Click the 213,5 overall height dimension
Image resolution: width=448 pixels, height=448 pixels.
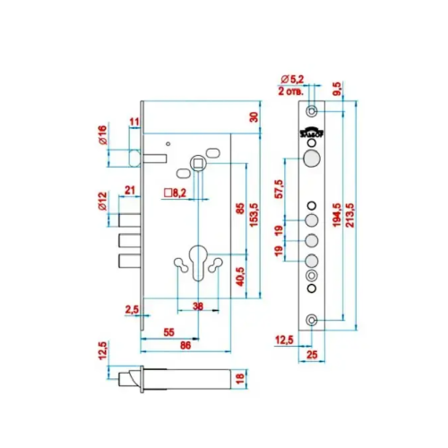coord(349,215)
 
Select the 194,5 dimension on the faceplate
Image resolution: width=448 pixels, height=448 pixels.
coord(337,215)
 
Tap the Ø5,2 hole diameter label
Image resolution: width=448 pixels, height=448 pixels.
coord(292,80)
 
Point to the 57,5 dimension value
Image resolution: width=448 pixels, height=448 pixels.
coord(279,189)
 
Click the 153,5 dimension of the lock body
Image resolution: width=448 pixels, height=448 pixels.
coord(254,215)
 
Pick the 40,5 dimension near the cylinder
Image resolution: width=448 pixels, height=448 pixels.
coord(241,277)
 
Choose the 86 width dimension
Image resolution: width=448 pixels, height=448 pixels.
coord(185,345)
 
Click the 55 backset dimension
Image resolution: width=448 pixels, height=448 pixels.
coord(168,332)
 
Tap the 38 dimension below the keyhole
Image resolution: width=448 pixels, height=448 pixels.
coord(198,306)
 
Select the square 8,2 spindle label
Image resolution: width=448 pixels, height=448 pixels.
coord(175,193)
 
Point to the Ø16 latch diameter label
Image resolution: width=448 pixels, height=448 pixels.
coord(102,135)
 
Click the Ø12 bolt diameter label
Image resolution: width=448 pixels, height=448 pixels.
coord(102,202)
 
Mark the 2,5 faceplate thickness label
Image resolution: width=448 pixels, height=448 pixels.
coord(132,310)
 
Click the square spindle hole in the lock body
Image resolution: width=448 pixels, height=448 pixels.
coord(198,163)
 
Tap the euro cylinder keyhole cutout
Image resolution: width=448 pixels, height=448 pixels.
coord(198,263)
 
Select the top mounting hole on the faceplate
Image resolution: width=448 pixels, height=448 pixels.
coord(312,111)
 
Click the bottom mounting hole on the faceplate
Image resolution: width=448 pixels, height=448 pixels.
coord(312,321)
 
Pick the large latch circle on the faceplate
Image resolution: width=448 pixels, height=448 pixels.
coord(312,159)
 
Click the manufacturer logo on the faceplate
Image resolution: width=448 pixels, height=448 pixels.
coord(312,133)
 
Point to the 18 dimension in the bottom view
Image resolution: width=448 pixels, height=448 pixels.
coord(241,379)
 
